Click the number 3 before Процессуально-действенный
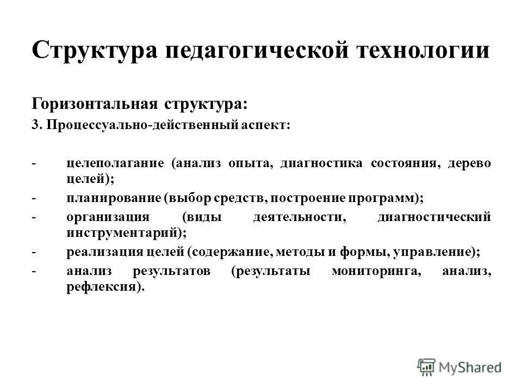35,125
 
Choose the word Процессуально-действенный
142,125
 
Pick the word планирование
111,198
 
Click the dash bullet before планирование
34,198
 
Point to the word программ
388,198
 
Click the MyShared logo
460,366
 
